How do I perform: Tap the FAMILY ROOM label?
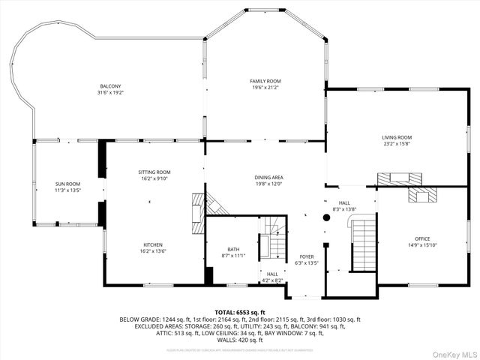[x=265, y=81]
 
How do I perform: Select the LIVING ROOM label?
[x=397, y=137]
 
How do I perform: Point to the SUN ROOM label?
[x=67, y=184]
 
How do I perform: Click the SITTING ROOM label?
[x=154, y=172]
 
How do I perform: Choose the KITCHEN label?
[x=154, y=244]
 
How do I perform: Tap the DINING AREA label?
[x=268, y=177]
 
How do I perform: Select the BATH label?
[x=233, y=250]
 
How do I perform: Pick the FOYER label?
[x=307, y=256]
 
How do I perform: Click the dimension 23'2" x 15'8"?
[x=397, y=144]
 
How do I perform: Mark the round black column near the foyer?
[x=326, y=218]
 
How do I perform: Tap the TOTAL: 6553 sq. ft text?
[x=239, y=311]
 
